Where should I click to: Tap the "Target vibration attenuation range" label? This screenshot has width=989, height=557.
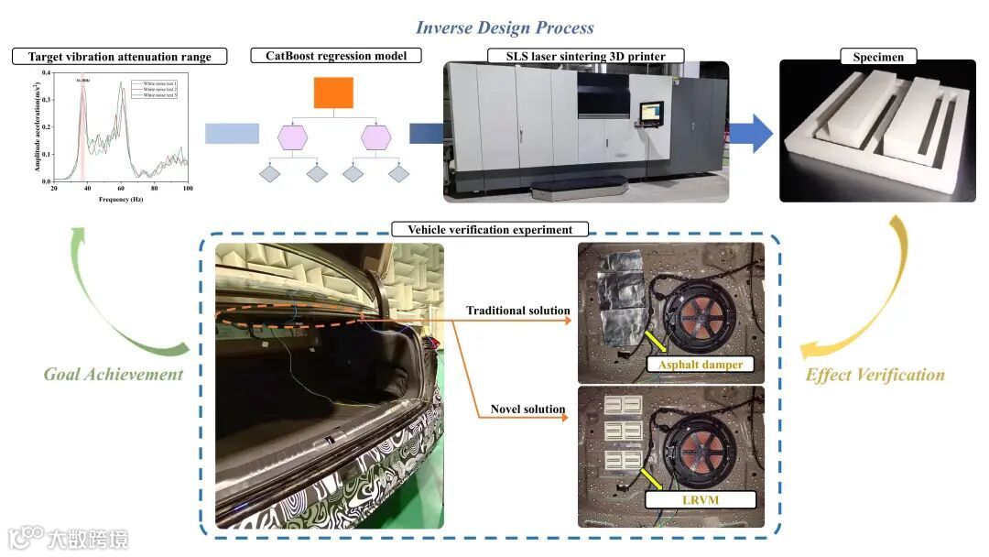click(x=119, y=57)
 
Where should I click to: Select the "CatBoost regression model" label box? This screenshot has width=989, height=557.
click(x=335, y=56)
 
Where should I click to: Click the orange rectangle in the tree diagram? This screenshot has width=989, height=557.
click(x=333, y=93)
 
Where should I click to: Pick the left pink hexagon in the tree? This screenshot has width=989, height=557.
click(x=294, y=137)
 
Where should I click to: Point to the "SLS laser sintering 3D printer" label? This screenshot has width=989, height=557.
click(x=586, y=56)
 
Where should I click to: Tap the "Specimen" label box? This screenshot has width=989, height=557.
click(x=878, y=57)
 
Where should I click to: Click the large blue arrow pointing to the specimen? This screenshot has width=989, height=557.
click(x=750, y=134)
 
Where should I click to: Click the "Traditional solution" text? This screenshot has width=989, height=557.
click(x=517, y=311)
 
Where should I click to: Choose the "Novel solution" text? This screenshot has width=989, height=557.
click(x=527, y=409)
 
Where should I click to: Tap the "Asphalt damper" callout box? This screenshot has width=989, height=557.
click(x=695, y=365)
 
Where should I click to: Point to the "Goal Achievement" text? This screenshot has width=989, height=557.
click(x=114, y=374)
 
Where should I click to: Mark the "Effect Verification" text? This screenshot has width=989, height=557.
click(x=875, y=375)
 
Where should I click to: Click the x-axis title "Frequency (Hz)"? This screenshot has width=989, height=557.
click(x=121, y=199)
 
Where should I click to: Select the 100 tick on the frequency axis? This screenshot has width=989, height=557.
click(x=187, y=188)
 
